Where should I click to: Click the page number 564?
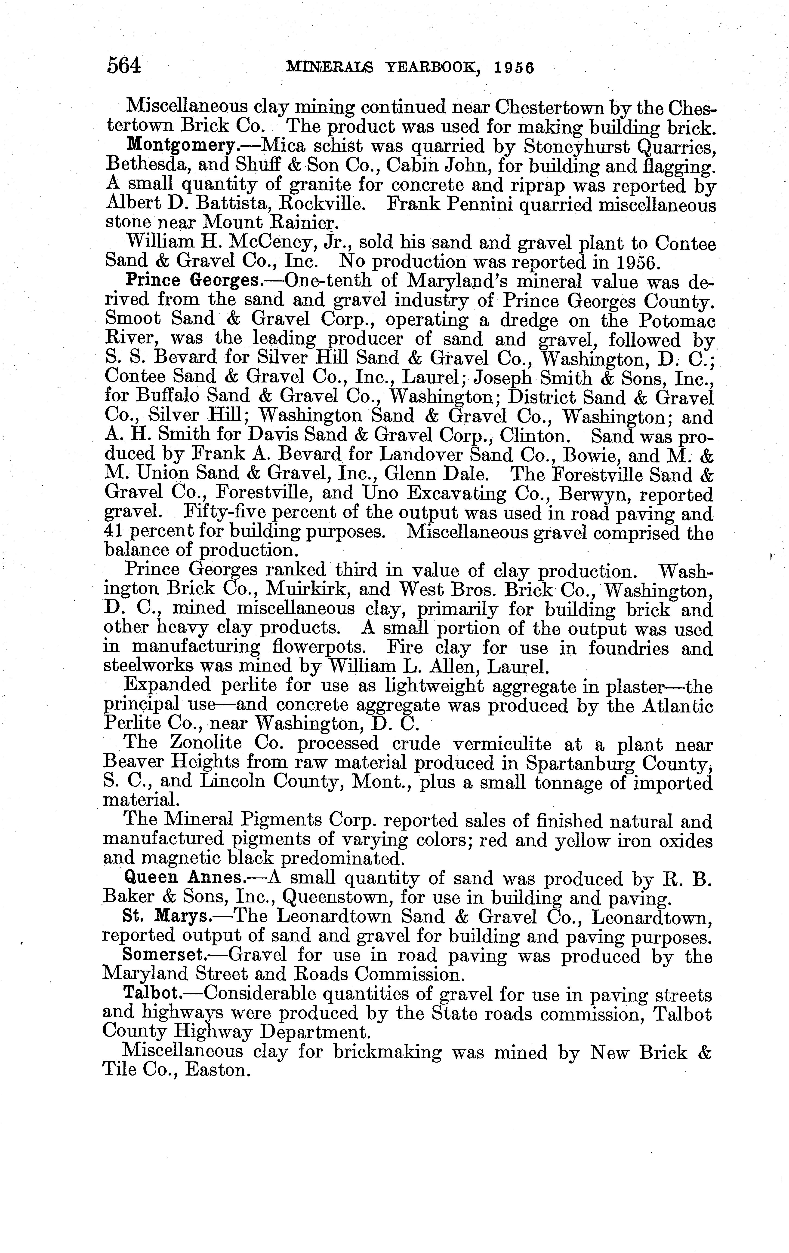124,66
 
